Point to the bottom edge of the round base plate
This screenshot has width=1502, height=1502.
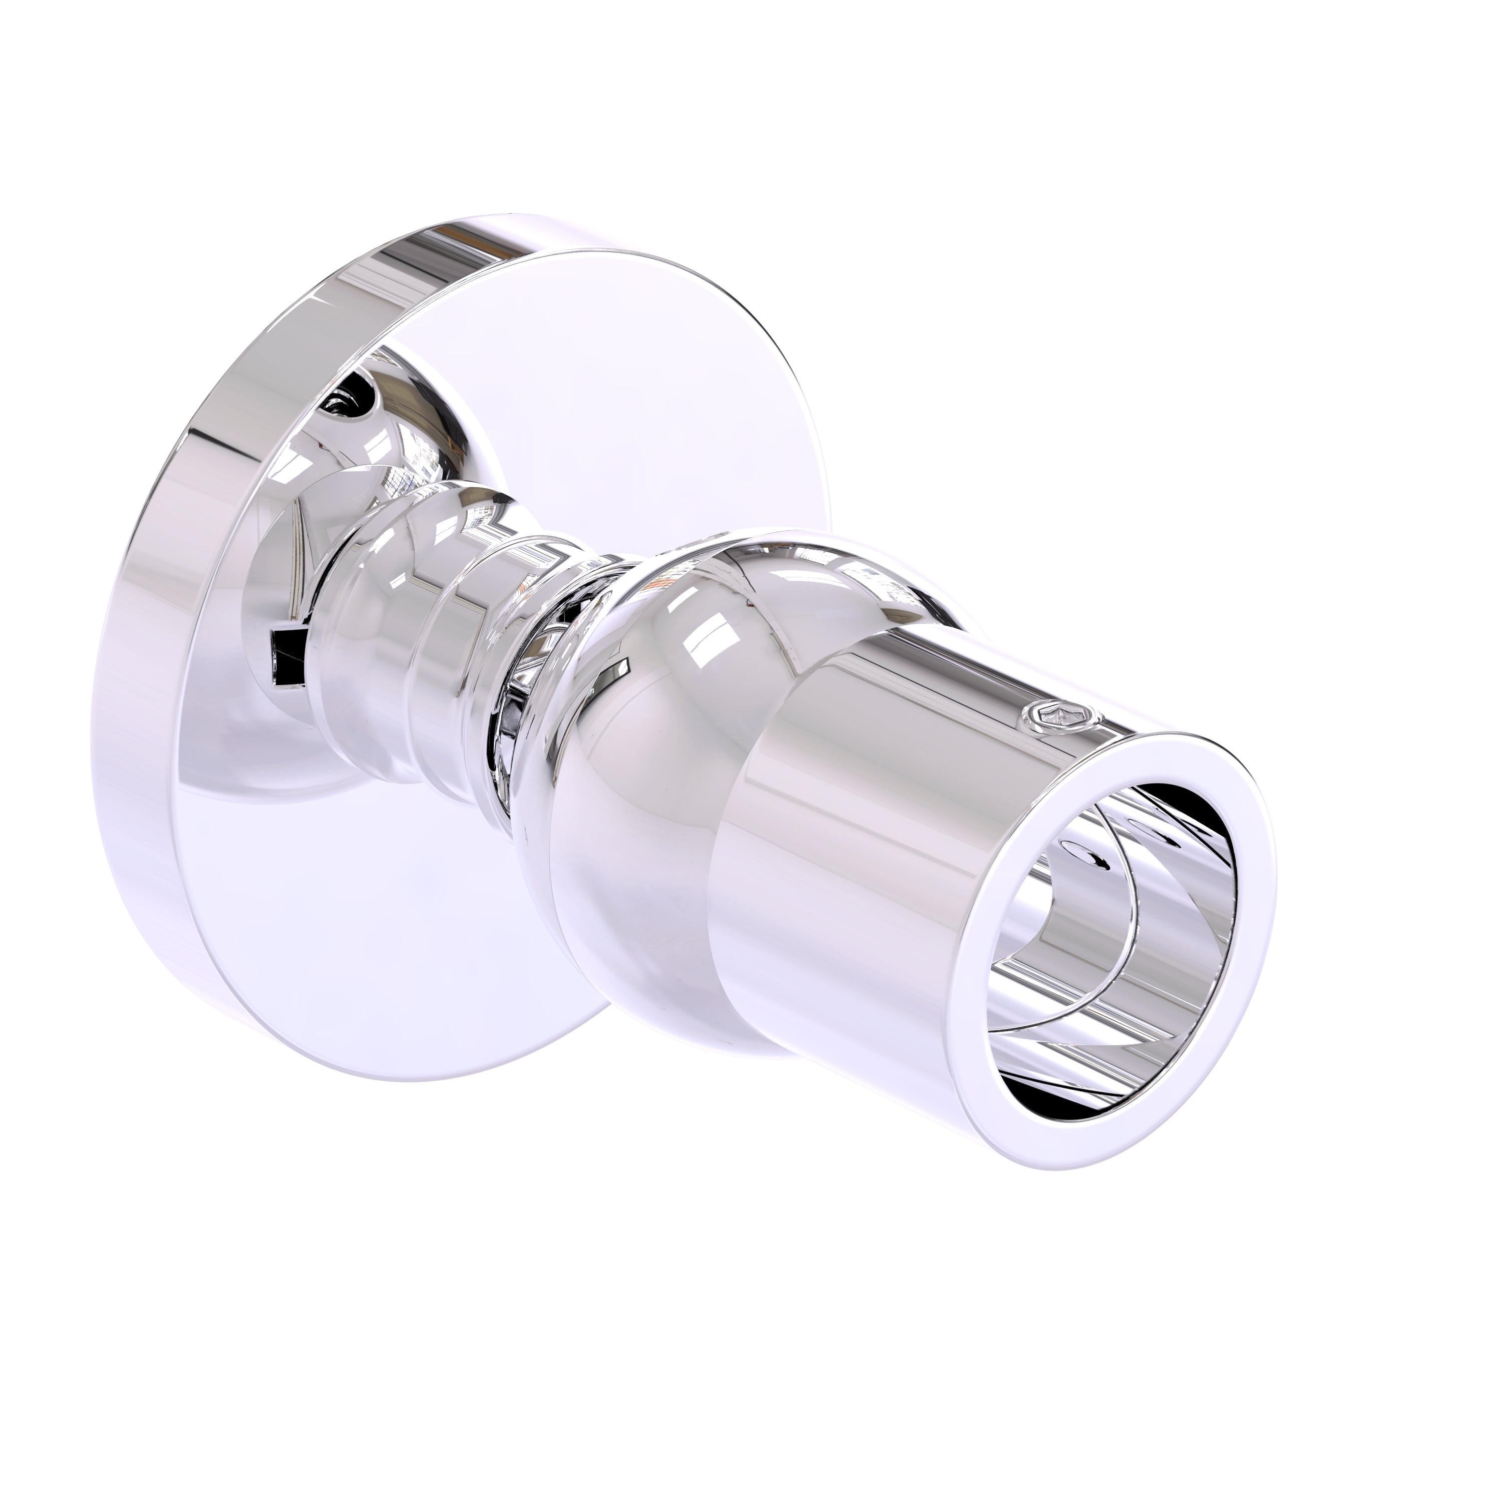[x=436, y=1073]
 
